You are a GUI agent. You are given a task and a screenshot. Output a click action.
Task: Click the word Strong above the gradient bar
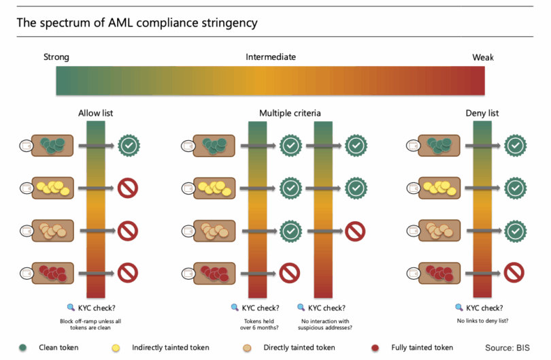point(56,57)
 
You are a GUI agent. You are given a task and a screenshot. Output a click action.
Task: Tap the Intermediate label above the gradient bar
point(271,57)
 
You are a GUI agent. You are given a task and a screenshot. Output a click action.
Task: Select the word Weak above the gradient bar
point(483,57)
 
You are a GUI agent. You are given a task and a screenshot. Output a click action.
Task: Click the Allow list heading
point(95,113)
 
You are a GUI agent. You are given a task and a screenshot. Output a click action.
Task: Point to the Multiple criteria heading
point(290,113)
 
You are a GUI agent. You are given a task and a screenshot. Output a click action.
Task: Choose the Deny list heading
point(482,113)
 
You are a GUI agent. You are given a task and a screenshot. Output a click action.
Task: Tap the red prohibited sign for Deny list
point(514,274)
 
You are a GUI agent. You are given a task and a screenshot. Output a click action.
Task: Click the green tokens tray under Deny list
point(439,145)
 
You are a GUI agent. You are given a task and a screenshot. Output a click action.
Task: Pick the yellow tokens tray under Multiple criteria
point(214,188)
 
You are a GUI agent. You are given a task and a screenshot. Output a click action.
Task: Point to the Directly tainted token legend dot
point(248,347)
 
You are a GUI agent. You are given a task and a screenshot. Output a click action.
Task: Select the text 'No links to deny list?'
point(483,320)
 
